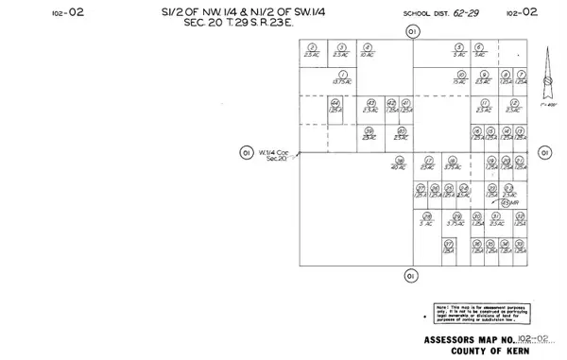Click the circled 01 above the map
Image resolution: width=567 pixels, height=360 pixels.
411,31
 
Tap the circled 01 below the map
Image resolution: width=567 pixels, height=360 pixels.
409,275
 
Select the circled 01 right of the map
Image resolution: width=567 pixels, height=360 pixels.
544,152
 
